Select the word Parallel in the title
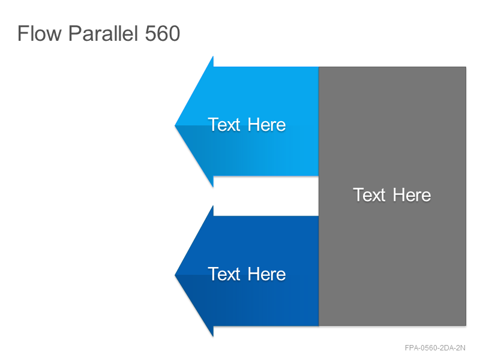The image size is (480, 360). click(103, 34)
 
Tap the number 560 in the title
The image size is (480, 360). click(162, 34)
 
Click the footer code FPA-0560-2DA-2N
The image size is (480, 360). click(435, 348)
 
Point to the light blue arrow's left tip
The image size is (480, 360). click(175, 125)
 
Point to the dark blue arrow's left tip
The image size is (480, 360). click(175, 275)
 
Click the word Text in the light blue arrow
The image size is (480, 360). click(224, 125)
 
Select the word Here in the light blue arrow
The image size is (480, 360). click(266, 125)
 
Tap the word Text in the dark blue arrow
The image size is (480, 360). click(224, 274)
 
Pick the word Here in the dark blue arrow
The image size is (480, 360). click(266, 274)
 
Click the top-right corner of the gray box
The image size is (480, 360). click(466, 67)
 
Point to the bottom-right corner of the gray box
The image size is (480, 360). click(466, 325)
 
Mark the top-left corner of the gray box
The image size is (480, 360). click(319, 67)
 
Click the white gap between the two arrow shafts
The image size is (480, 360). click(266, 196)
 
